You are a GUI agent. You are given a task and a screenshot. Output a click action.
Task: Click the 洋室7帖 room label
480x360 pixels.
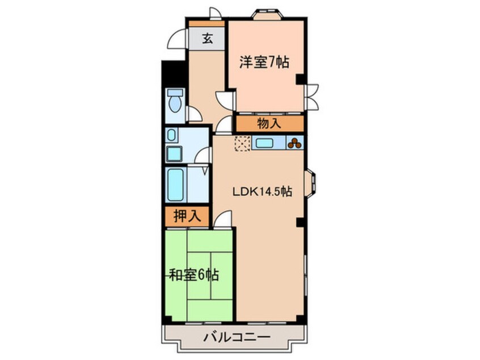pos(264,62)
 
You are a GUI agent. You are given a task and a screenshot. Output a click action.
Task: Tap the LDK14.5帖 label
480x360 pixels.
pos(262,192)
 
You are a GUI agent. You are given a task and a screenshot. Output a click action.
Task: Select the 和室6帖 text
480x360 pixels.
pos(194,275)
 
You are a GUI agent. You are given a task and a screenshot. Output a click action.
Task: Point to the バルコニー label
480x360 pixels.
pos(237,337)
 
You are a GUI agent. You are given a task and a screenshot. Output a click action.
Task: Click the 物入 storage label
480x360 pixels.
pos(269,123)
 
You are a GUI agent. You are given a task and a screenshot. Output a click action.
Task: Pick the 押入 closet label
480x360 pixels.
pos(187,216)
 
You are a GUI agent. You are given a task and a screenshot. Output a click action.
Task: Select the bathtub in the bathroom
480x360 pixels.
pos(176,185)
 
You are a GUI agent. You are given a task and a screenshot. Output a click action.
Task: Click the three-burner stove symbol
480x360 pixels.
pos(294,143)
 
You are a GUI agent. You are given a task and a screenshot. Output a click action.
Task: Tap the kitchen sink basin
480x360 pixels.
pos(264,143)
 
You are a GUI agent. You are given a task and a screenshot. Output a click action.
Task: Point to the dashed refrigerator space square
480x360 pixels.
pos(242,144)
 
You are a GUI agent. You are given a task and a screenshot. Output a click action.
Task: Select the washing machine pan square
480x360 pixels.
pos(174,154)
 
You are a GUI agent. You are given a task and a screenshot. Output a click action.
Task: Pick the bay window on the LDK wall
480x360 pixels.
pos(310,183)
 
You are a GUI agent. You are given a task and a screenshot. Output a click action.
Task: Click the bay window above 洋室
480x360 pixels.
pos(267,14)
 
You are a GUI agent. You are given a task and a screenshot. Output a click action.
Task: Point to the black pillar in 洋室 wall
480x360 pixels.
pos(300,79)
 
